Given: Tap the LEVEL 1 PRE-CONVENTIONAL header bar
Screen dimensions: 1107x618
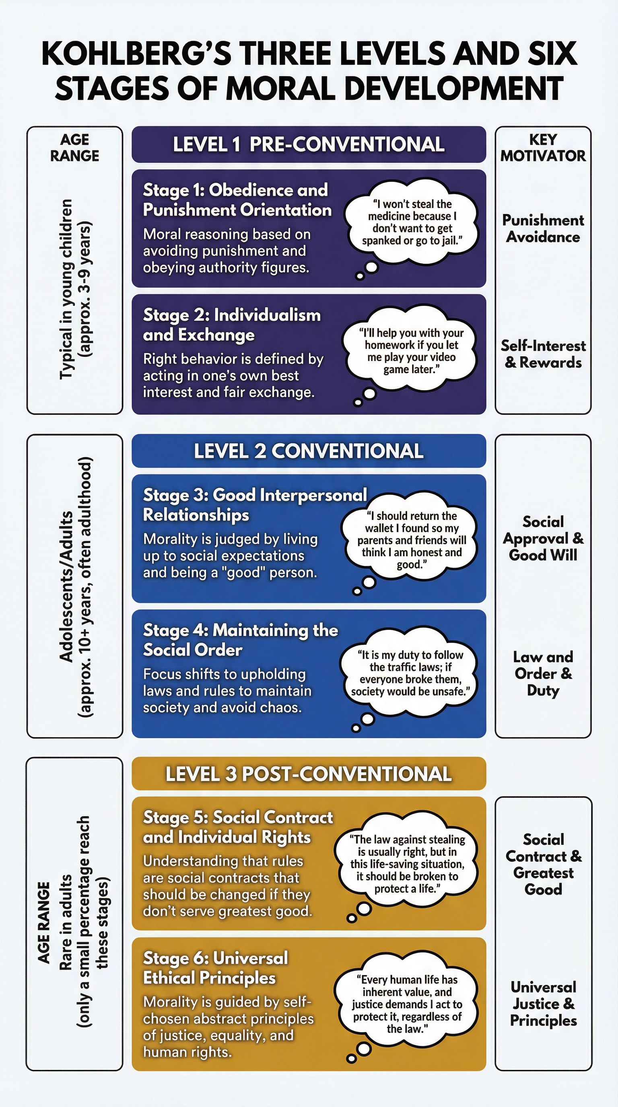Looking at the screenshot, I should [x=309, y=144].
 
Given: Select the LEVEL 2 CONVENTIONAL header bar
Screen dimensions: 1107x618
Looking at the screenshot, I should [x=309, y=451].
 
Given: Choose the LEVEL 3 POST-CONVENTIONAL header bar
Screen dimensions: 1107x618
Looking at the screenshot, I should [x=309, y=774].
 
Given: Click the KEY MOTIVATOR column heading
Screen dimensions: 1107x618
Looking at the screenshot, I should [x=543, y=147].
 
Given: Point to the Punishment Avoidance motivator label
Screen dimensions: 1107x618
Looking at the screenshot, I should [x=543, y=228].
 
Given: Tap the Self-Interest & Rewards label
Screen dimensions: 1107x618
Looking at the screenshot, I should [x=543, y=354].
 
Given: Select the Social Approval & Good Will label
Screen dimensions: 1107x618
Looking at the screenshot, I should [x=543, y=539].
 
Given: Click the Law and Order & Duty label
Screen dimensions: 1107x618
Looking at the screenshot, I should [x=543, y=673].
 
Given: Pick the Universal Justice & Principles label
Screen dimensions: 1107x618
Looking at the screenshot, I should [x=543, y=1004].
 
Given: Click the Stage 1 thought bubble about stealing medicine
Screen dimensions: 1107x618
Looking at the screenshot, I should [x=412, y=222].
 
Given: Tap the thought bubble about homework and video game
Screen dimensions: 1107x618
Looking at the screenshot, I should [x=411, y=351].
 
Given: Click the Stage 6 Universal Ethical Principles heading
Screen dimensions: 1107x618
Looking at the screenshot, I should [x=215, y=968].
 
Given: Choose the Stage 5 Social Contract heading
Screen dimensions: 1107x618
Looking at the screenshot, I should [x=237, y=827].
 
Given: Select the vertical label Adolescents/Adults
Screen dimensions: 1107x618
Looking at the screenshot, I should [x=66, y=586].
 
